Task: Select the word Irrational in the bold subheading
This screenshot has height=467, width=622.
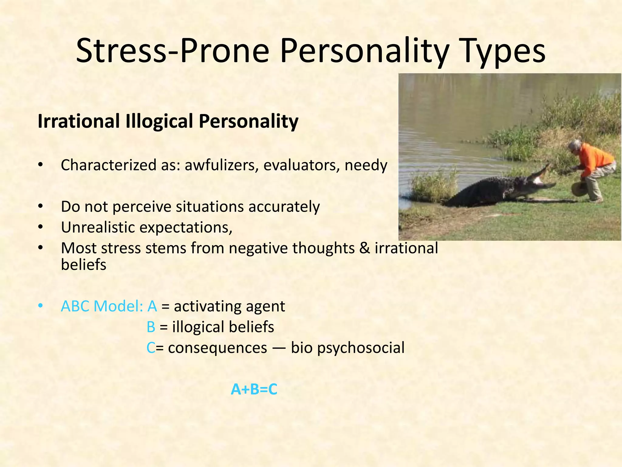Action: [79, 121]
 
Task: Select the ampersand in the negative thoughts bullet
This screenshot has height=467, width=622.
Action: [364, 248]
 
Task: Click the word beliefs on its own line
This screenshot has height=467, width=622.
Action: [84, 265]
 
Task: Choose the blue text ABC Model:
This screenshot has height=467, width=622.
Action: [102, 306]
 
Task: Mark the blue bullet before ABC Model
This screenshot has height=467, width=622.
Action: [41, 306]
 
